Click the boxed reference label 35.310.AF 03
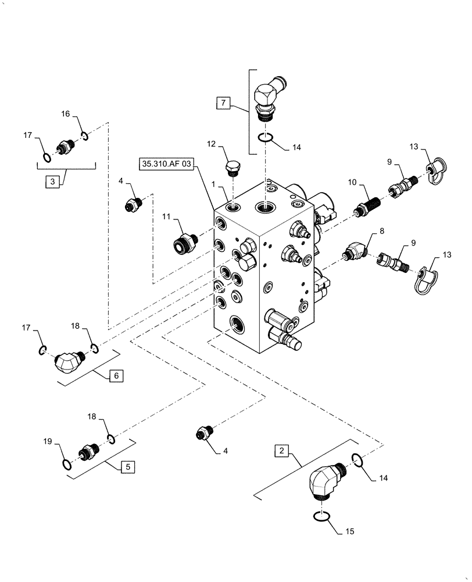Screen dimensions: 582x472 (x=166, y=165)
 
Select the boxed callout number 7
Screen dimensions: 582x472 (x=223, y=104)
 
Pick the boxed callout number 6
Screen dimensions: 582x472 (x=115, y=376)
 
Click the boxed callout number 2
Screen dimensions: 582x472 (x=281, y=450)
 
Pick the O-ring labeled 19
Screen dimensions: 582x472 (x=67, y=464)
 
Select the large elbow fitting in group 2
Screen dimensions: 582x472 (x=323, y=479)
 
